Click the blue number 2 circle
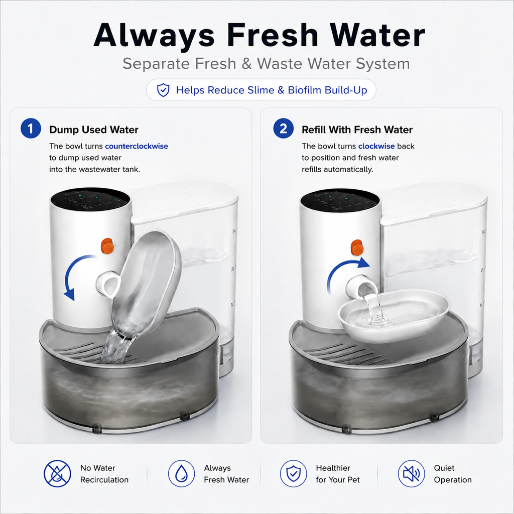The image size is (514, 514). click(283, 128)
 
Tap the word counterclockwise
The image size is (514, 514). click(137, 146)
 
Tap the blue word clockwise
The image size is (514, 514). click(376, 146)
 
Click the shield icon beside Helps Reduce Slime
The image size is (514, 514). click(163, 90)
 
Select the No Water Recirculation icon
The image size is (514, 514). click(57, 474)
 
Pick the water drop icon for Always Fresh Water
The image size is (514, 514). click(182, 474)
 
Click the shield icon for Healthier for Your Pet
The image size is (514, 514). click(293, 474)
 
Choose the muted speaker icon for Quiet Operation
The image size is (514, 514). click(412, 474)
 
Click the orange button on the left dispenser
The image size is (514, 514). click(107, 246)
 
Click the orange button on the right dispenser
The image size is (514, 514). click(357, 247)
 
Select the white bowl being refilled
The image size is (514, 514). click(394, 315)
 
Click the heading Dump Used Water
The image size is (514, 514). click(94, 130)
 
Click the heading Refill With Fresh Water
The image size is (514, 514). click(357, 130)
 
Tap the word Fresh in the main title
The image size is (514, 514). click(273, 35)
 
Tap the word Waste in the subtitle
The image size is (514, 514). click(281, 64)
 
